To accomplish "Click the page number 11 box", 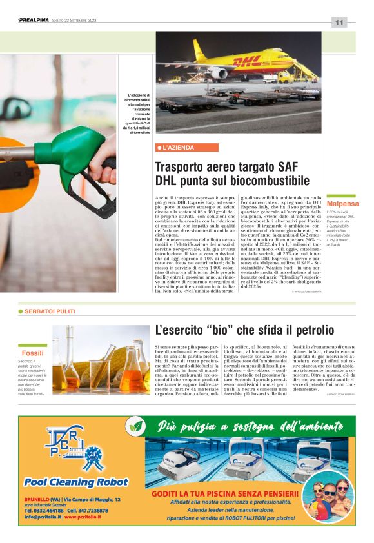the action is pos(339,22).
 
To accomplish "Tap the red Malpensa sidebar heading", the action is pos(342,204).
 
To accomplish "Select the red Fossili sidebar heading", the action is pos(32,354).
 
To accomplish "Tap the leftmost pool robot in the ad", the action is pos(177,459).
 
